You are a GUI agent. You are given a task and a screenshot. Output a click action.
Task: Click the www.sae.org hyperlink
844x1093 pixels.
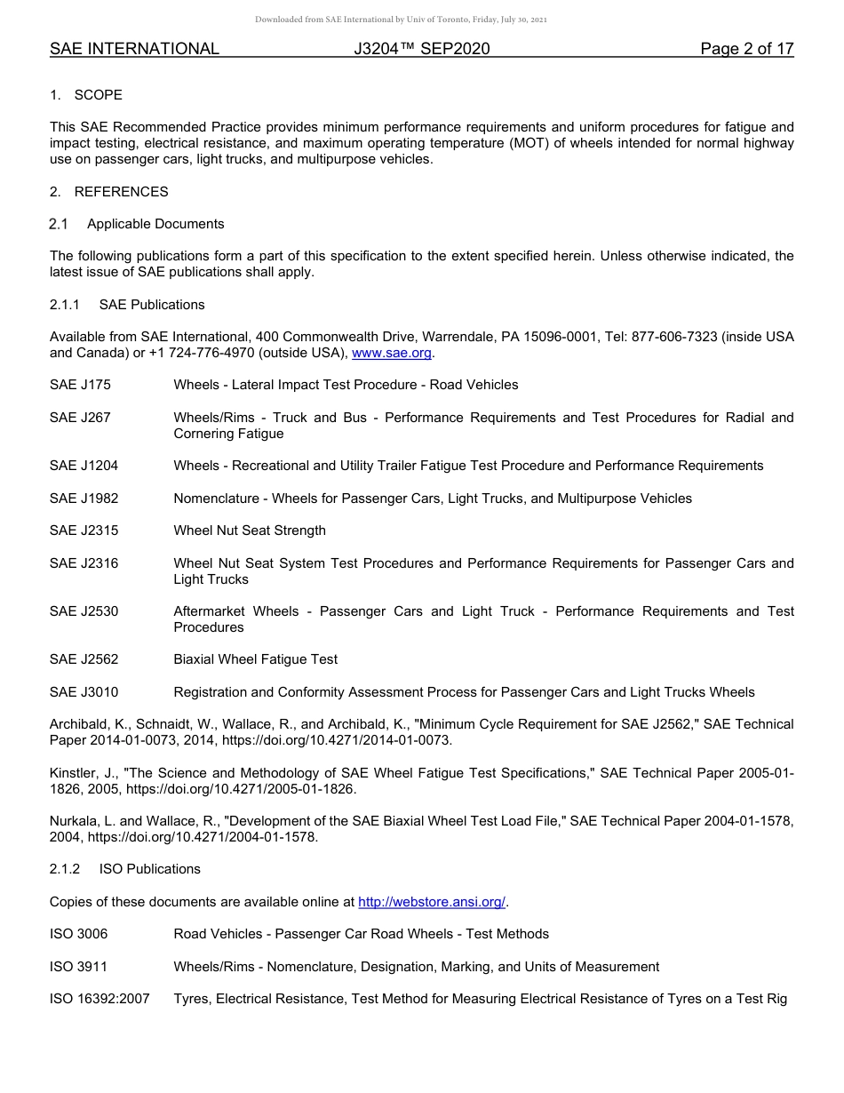[392, 353]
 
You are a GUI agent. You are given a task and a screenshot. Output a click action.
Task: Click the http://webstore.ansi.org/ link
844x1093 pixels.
[432, 902]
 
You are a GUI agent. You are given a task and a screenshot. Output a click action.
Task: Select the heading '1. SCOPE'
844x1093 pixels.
[86, 95]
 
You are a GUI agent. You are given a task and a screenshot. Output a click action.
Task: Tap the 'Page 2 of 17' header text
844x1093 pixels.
[746, 50]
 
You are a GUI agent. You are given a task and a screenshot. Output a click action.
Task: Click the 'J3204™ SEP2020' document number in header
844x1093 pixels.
[421, 50]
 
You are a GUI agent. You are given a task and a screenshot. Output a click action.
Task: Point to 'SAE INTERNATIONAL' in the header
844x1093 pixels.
[134, 50]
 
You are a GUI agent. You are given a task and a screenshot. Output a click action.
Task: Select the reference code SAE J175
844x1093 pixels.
[80, 385]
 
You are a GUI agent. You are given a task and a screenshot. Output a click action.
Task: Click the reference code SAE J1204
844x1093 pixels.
[84, 466]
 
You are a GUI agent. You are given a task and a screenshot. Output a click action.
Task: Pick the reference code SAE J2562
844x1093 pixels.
[84, 659]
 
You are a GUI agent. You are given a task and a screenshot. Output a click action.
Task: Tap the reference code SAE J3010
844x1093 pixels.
[84, 692]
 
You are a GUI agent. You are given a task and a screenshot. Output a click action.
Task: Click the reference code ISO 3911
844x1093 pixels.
[78, 967]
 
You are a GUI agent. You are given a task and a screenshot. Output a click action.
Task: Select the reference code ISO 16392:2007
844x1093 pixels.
[100, 999]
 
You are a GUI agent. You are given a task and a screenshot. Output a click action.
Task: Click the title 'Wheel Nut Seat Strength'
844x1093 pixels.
[250, 531]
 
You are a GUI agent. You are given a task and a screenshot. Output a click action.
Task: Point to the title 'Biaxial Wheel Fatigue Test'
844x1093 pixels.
[256, 659]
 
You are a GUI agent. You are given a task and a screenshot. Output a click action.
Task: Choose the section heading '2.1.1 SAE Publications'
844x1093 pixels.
[127, 305]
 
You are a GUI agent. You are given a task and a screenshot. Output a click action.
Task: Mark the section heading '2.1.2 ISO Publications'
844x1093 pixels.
[125, 869]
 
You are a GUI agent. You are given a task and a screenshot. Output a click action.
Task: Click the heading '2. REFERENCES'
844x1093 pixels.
[109, 192]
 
